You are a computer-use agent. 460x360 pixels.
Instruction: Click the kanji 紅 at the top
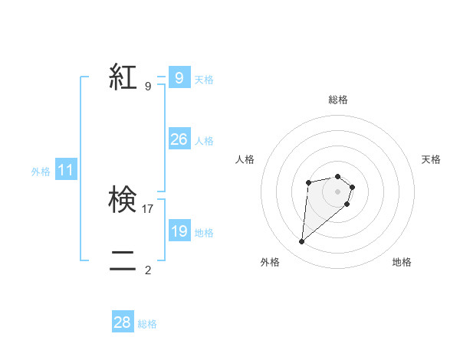pos(123,78)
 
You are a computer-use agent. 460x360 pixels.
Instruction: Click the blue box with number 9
pos(179,78)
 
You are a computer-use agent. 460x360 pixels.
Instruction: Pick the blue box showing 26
pos(179,139)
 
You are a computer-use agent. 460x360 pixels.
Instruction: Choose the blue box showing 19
pos(179,231)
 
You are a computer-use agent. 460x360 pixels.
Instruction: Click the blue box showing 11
pos(66,171)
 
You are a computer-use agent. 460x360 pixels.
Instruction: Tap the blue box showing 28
pos(123,322)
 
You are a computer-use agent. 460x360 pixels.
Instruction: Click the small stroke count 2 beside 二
pos(148,270)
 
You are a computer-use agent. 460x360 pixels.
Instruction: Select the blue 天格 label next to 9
pos(204,80)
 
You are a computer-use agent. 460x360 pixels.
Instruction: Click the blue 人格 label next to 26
pos(204,141)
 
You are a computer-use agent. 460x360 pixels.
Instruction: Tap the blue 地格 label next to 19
pos(204,233)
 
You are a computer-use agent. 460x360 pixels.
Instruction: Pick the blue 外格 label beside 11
pos(41,172)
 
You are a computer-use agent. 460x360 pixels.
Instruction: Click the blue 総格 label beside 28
pos(147,324)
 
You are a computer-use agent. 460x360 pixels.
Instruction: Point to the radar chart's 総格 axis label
pos(337,100)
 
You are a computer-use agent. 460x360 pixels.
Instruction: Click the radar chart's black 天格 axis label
pos(431,159)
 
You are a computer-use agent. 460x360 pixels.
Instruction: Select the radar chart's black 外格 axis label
pos(270,262)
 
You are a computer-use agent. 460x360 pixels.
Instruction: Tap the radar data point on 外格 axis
pos(302,242)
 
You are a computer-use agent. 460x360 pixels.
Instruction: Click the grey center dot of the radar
pos(337,191)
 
